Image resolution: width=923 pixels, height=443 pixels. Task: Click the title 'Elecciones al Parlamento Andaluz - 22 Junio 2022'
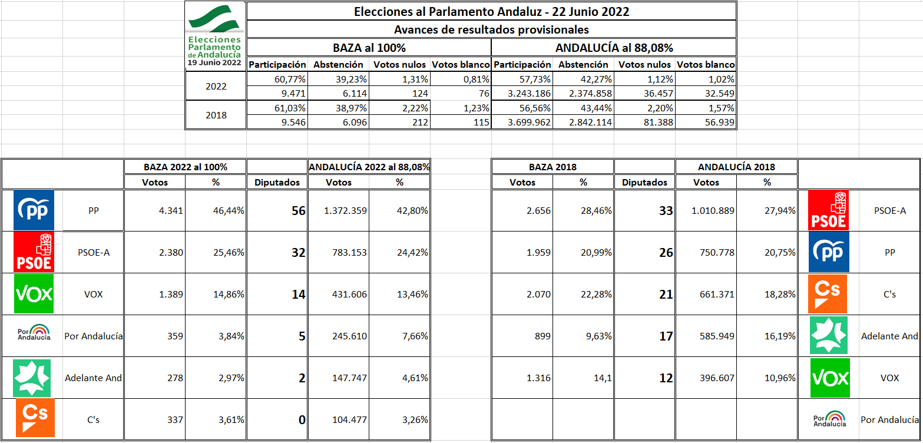(x=491, y=11)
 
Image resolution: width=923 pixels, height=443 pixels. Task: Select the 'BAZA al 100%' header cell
(x=369, y=48)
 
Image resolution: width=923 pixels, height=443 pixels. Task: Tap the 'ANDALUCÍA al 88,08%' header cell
(x=614, y=48)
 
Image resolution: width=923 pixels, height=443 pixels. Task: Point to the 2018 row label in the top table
(x=216, y=115)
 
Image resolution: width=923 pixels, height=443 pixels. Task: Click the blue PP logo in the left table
(x=34, y=210)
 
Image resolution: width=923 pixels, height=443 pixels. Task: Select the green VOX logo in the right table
(x=830, y=378)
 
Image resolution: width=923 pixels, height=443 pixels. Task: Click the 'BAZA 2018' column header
(x=552, y=167)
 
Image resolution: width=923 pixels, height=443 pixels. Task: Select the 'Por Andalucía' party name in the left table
(x=93, y=336)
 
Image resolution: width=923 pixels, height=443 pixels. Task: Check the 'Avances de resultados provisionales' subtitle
(x=491, y=29)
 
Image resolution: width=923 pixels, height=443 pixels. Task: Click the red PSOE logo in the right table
(x=830, y=210)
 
